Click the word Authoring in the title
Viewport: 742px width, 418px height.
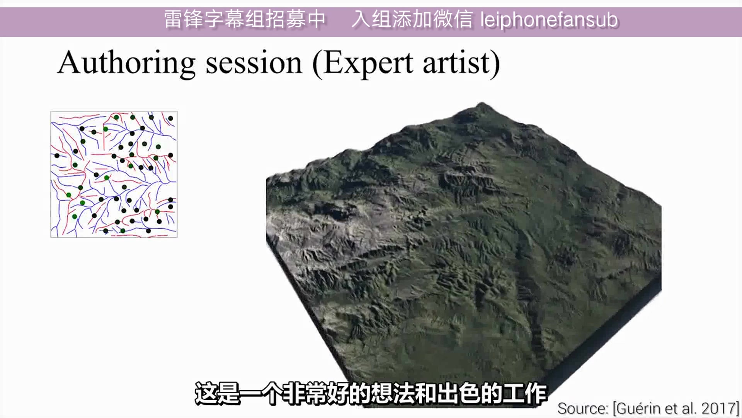(126, 63)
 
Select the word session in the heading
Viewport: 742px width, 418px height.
(254, 63)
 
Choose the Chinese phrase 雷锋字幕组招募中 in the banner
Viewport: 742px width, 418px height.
(245, 19)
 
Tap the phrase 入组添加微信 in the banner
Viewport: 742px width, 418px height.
(412, 19)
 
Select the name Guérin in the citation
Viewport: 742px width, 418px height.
(640, 408)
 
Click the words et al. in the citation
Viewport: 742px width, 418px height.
(681, 408)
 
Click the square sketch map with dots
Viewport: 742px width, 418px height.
(114, 174)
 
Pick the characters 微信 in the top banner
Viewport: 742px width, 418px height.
(453, 19)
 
